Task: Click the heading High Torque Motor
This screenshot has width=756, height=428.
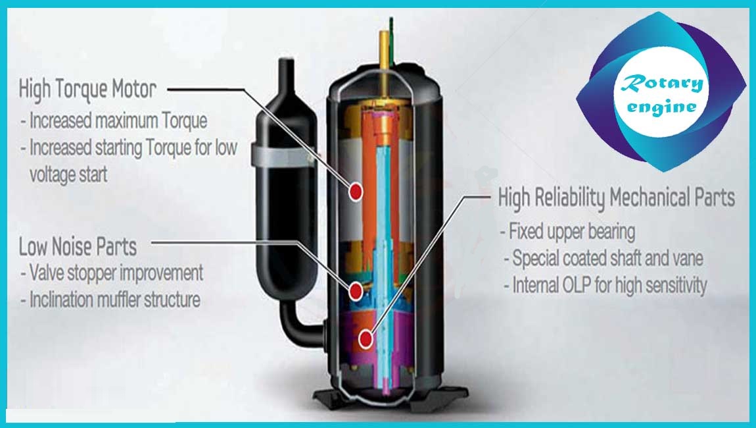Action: click(87, 90)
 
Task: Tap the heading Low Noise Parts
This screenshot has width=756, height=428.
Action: click(78, 247)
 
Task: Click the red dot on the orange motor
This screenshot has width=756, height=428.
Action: click(356, 192)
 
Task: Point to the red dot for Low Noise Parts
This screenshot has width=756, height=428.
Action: click(356, 290)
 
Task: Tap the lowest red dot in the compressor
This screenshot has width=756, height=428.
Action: click(366, 339)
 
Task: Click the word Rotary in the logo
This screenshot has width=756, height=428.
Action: click(661, 84)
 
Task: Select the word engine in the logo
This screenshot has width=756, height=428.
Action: click(661, 107)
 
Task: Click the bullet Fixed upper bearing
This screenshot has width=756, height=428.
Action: click(567, 232)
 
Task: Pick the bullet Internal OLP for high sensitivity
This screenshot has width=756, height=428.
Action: click(605, 285)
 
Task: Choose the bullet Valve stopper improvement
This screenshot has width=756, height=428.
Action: click(112, 273)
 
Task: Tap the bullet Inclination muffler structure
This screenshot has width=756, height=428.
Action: click(110, 300)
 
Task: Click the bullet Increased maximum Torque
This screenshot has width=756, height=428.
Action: click(114, 120)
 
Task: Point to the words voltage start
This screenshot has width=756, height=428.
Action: click(68, 174)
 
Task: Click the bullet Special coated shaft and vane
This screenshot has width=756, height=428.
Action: click(603, 258)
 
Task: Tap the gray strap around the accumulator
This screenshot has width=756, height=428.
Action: click(283, 155)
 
